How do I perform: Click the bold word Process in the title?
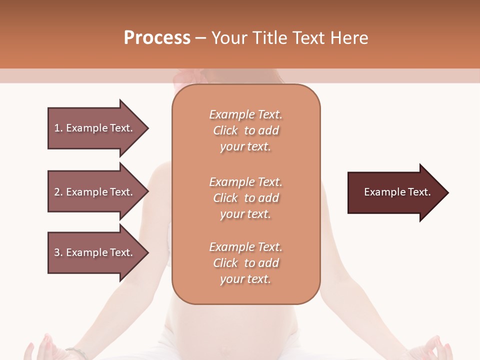click(157, 38)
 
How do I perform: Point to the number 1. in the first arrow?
click(58, 128)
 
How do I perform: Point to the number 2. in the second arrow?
click(58, 192)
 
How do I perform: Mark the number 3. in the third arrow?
click(58, 252)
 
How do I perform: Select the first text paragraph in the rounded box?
click(245, 130)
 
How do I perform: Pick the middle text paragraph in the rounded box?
click(245, 198)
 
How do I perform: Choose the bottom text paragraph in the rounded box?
click(245, 263)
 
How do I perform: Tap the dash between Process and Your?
click(201, 38)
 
